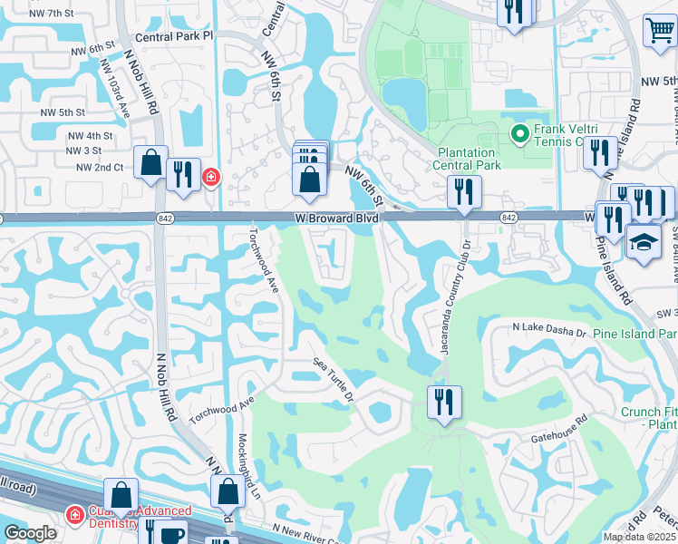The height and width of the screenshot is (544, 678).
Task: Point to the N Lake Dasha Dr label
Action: tap(549, 331)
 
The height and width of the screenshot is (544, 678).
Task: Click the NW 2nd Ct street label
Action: tap(99, 168)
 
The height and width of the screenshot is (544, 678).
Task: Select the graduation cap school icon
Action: tap(644, 242)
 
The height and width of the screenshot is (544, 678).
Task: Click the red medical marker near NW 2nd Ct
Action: tap(211, 176)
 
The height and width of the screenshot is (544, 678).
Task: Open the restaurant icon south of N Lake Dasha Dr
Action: tap(444, 401)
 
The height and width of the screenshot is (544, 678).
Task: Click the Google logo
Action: tap(30, 534)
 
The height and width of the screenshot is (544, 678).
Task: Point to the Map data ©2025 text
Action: tap(639, 537)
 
